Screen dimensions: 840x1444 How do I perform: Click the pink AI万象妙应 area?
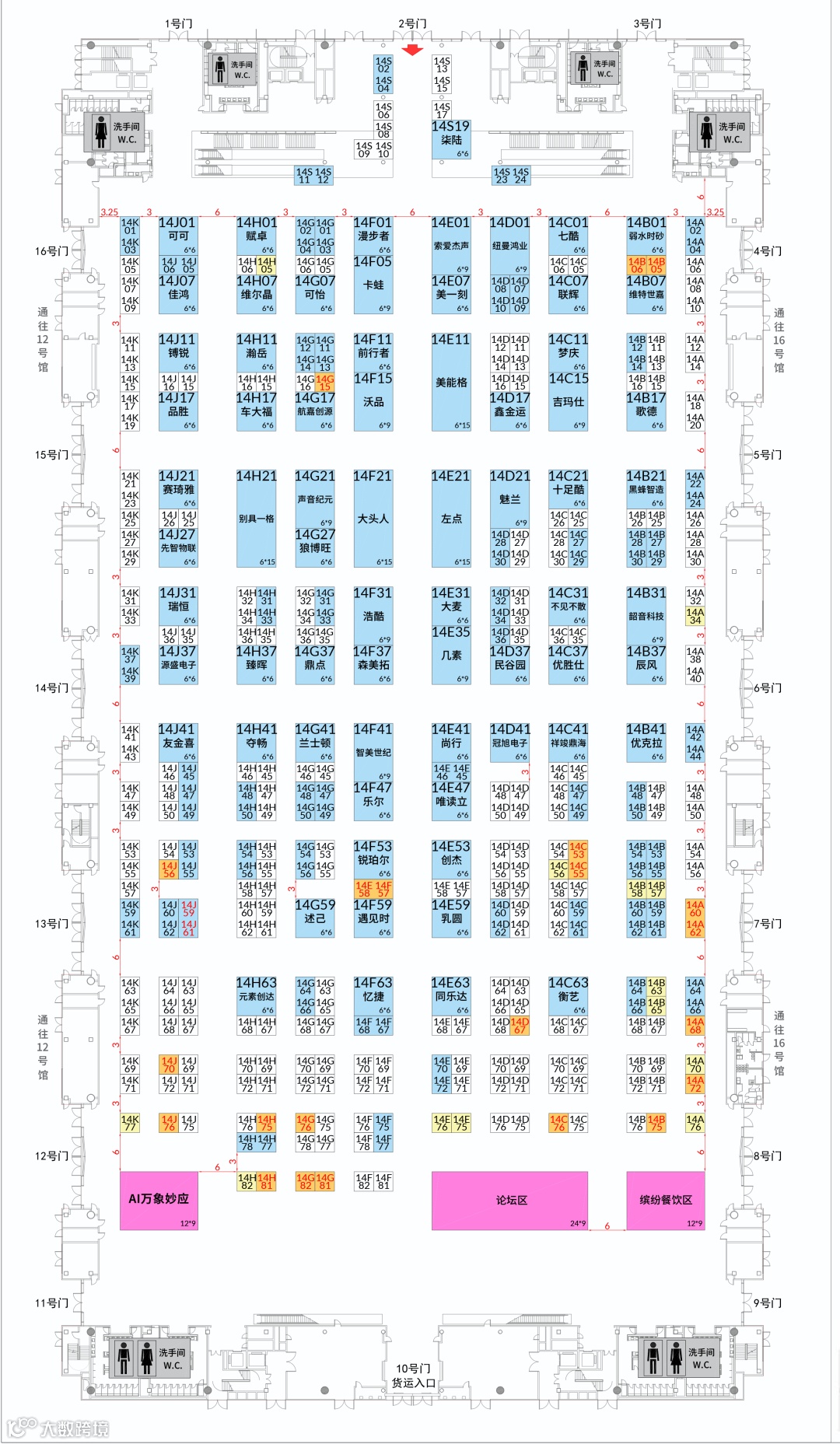click(159, 1201)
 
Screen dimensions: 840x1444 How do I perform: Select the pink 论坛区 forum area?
click(509, 1201)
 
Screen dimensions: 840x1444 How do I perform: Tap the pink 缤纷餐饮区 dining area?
click(665, 1201)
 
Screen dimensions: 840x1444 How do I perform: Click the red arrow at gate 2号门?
click(412, 50)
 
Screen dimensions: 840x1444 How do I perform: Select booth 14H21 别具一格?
click(256, 518)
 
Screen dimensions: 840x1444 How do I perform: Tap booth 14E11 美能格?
click(451, 383)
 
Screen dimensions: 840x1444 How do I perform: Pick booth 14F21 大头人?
click(373, 518)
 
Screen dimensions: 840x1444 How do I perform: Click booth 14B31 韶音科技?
click(646, 616)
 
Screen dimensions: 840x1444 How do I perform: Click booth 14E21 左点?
click(451, 518)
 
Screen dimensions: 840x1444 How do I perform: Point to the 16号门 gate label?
click(51, 251)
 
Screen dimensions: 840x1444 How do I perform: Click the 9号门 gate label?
click(768, 1302)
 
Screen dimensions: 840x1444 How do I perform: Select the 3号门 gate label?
click(646, 23)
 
